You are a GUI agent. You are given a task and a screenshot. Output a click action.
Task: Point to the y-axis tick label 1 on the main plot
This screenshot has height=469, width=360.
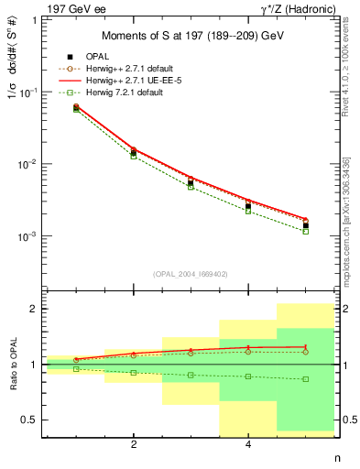38,20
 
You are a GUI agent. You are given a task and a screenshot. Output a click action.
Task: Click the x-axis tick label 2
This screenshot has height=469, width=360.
134,445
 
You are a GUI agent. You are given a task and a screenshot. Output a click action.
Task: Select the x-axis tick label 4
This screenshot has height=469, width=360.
248,445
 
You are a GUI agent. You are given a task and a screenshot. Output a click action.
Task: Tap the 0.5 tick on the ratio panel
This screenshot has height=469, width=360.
32,420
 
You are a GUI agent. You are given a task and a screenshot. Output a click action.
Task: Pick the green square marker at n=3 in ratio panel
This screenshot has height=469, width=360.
191,375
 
